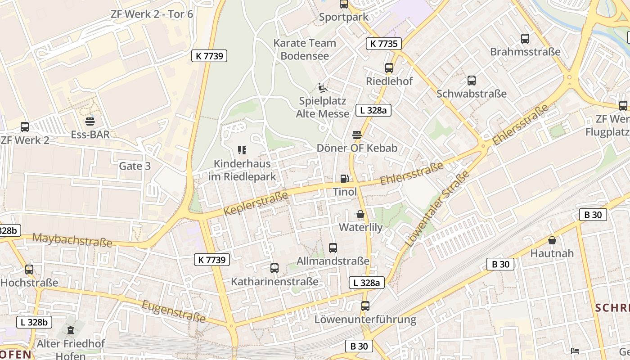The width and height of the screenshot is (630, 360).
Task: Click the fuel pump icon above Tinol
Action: [344, 179]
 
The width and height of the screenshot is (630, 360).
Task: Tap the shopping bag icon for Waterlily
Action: [360, 214]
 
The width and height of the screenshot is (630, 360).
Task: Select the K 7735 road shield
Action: [383, 44]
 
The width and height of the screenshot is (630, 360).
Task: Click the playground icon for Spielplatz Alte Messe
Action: [322, 88]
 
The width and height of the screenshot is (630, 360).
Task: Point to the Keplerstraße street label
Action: [255, 203]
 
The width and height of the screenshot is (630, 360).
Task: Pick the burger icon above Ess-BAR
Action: [90, 121]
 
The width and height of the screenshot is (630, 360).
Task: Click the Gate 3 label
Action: [135, 166]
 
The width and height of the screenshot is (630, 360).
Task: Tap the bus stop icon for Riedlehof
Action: [389, 68]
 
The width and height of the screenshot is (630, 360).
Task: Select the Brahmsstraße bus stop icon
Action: [525, 38]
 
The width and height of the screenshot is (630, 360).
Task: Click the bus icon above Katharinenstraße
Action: [274, 268]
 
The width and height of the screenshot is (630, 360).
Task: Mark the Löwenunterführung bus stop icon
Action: [365, 306]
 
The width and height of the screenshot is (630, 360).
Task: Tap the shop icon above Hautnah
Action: [552, 240]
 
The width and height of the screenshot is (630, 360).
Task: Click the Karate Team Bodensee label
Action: [305, 49]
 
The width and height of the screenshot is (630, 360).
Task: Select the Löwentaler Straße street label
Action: [437, 208]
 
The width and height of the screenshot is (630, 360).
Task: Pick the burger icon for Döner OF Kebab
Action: [357, 135]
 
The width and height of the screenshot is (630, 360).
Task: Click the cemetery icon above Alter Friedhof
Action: [71, 330]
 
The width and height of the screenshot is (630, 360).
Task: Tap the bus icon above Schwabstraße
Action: [471, 81]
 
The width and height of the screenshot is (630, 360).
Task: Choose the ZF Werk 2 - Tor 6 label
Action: [152, 14]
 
